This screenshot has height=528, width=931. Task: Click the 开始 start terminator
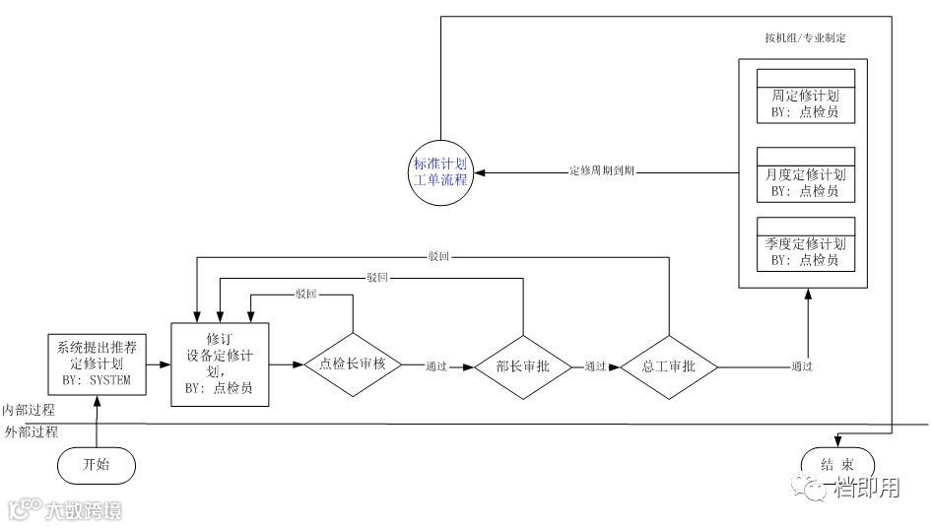(x=97, y=463)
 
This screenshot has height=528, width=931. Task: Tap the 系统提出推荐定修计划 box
(x=98, y=364)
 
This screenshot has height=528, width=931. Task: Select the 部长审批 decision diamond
(x=524, y=366)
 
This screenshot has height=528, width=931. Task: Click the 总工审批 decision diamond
(x=669, y=366)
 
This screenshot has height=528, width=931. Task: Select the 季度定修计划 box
(x=805, y=243)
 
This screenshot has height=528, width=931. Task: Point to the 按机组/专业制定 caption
(x=805, y=37)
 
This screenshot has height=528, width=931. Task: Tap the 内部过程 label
(x=30, y=409)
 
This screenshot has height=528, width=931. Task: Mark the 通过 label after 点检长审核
(x=436, y=366)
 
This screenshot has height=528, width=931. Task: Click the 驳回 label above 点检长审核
(x=305, y=294)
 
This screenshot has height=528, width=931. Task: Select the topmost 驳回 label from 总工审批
(x=439, y=257)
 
